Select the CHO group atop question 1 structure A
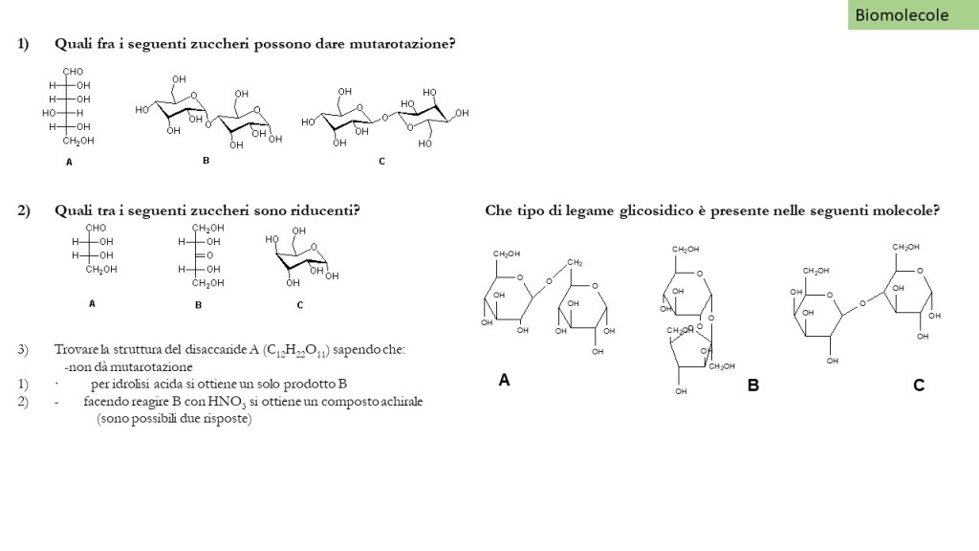pos(73,72)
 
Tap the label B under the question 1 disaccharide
pos(206,161)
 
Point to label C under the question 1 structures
pos(381,162)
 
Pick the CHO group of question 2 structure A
pos(96,228)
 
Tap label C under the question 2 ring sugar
pos(300,305)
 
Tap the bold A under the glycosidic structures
pos(504,380)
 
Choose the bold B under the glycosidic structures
pos(753,386)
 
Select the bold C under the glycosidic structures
pos(919,386)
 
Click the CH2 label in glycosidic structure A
pos(575,262)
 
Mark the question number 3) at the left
pos(23,350)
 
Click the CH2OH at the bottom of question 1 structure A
pos(78,141)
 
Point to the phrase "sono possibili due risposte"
pos(174,418)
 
